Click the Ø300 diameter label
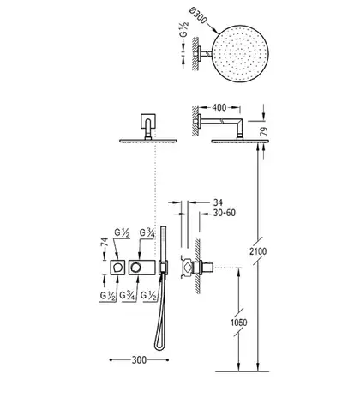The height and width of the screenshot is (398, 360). [198, 15]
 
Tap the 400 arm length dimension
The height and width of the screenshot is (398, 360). [219, 108]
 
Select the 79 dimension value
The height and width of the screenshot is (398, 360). [265, 131]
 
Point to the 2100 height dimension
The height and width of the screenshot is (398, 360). [258, 251]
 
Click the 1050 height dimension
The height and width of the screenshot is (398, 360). [238, 323]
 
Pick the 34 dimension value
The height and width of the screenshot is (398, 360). [218, 202]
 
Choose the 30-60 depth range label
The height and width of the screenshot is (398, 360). [225, 213]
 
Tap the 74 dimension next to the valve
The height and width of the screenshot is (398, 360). [105, 242]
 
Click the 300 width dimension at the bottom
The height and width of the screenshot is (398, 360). [139, 360]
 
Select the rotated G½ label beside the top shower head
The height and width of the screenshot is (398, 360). [183, 29]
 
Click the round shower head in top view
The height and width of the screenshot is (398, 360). [241, 53]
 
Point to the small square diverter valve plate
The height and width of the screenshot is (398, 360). [117, 268]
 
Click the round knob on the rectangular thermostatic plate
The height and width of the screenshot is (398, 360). [135, 268]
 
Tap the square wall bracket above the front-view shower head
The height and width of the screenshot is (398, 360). [148, 121]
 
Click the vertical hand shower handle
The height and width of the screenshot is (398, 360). [163, 244]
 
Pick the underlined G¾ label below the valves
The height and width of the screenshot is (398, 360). [128, 295]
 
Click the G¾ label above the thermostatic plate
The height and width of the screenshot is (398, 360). [147, 233]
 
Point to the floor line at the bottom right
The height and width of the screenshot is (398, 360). [242, 371]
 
